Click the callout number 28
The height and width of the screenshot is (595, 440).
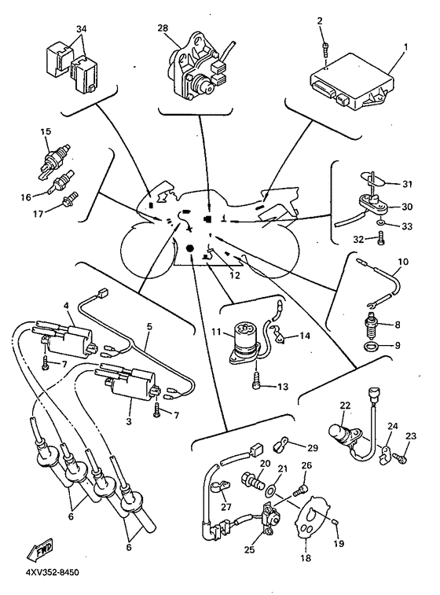click(x=162, y=28)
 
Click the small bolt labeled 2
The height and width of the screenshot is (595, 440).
click(x=324, y=49)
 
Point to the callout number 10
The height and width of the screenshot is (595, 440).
click(x=402, y=261)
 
